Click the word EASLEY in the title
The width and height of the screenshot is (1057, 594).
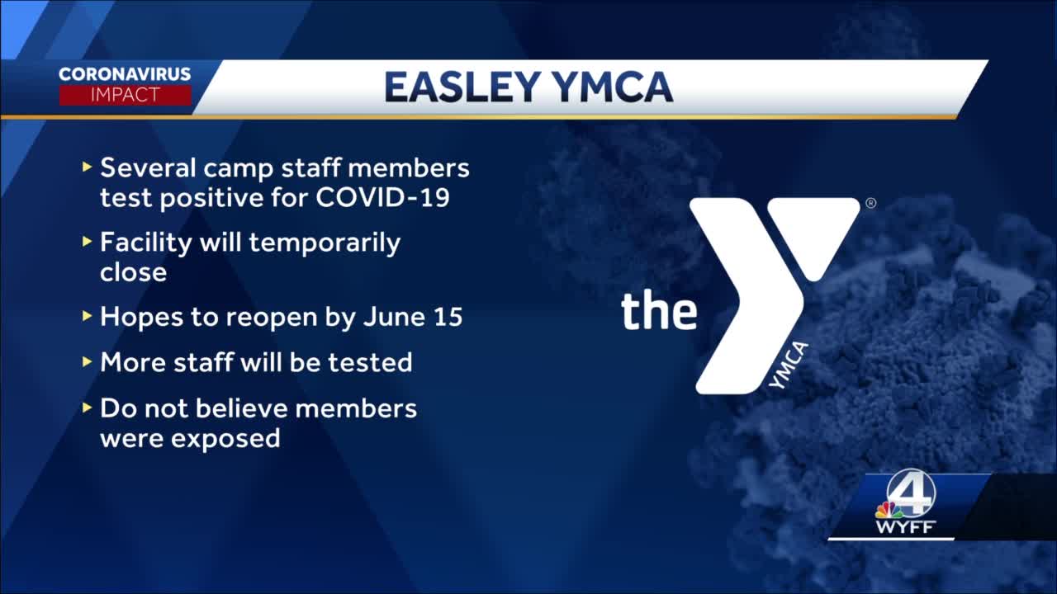[462, 87]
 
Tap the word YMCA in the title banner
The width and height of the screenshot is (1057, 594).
[612, 87]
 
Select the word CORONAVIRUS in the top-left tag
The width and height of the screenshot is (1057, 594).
[125, 74]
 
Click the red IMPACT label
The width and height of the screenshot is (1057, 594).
[125, 95]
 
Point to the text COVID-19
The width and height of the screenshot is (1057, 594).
[382, 197]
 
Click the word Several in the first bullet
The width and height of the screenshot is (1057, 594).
[148, 167]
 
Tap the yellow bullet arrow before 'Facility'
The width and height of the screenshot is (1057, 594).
[87, 242]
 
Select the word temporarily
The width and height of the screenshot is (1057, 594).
[325, 244]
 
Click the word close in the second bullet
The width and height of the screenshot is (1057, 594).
[134, 272]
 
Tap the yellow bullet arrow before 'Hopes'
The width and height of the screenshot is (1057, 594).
[87, 316]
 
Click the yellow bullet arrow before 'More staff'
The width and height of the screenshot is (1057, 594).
[87, 361]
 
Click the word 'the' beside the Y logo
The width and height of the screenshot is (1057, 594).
[659, 311]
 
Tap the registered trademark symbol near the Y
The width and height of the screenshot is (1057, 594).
[871, 203]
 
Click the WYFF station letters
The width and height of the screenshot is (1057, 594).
[905, 526]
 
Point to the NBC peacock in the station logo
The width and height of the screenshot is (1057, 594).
[888, 510]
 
